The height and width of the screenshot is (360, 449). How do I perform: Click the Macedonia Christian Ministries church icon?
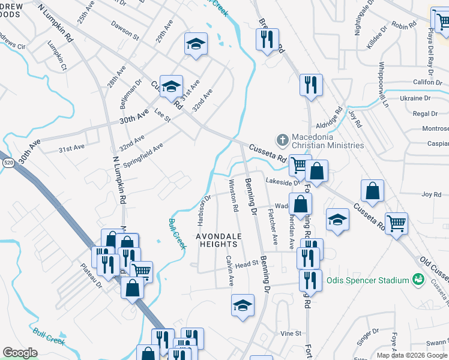(282, 140)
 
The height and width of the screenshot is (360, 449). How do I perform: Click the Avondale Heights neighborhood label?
(219, 241)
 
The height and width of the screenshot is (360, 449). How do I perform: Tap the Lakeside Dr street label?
(282, 181)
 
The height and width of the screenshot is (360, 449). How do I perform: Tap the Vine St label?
(290, 333)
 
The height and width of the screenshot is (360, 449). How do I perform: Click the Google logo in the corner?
(19, 353)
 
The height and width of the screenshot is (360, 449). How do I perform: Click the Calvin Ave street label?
(229, 271)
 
